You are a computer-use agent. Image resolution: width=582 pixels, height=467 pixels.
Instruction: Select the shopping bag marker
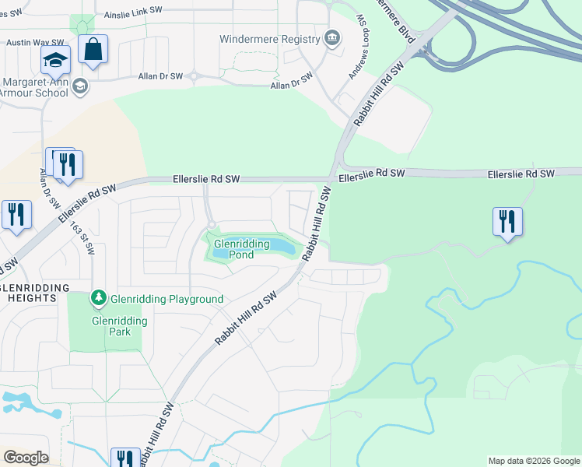(x=93, y=51)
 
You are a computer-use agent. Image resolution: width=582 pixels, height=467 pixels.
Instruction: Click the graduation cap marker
(x=55, y=61)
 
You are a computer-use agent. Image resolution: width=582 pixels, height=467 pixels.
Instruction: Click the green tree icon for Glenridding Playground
(x=98, y=298)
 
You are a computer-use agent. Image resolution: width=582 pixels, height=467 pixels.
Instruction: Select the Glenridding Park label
(x=110, y=326)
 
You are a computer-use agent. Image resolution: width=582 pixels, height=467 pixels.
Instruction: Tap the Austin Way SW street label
(x=28, y=42)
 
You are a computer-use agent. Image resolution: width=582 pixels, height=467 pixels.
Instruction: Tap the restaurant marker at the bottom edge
(x=124, y=458)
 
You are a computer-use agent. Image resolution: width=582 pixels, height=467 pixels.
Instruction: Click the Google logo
(x=26, y=458)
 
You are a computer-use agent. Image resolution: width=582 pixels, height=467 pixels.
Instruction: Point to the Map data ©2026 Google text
(x=533, y=461)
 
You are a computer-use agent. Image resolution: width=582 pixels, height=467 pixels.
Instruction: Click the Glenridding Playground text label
(x=167, y=299)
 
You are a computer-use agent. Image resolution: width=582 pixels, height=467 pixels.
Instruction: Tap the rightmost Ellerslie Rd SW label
(x=521, y=173)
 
